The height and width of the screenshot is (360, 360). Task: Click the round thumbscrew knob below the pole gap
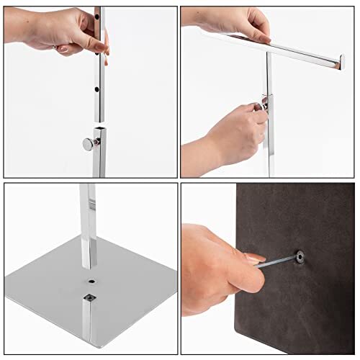88,144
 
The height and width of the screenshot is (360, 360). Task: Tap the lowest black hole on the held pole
97,89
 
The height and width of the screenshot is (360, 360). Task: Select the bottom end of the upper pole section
97,120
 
